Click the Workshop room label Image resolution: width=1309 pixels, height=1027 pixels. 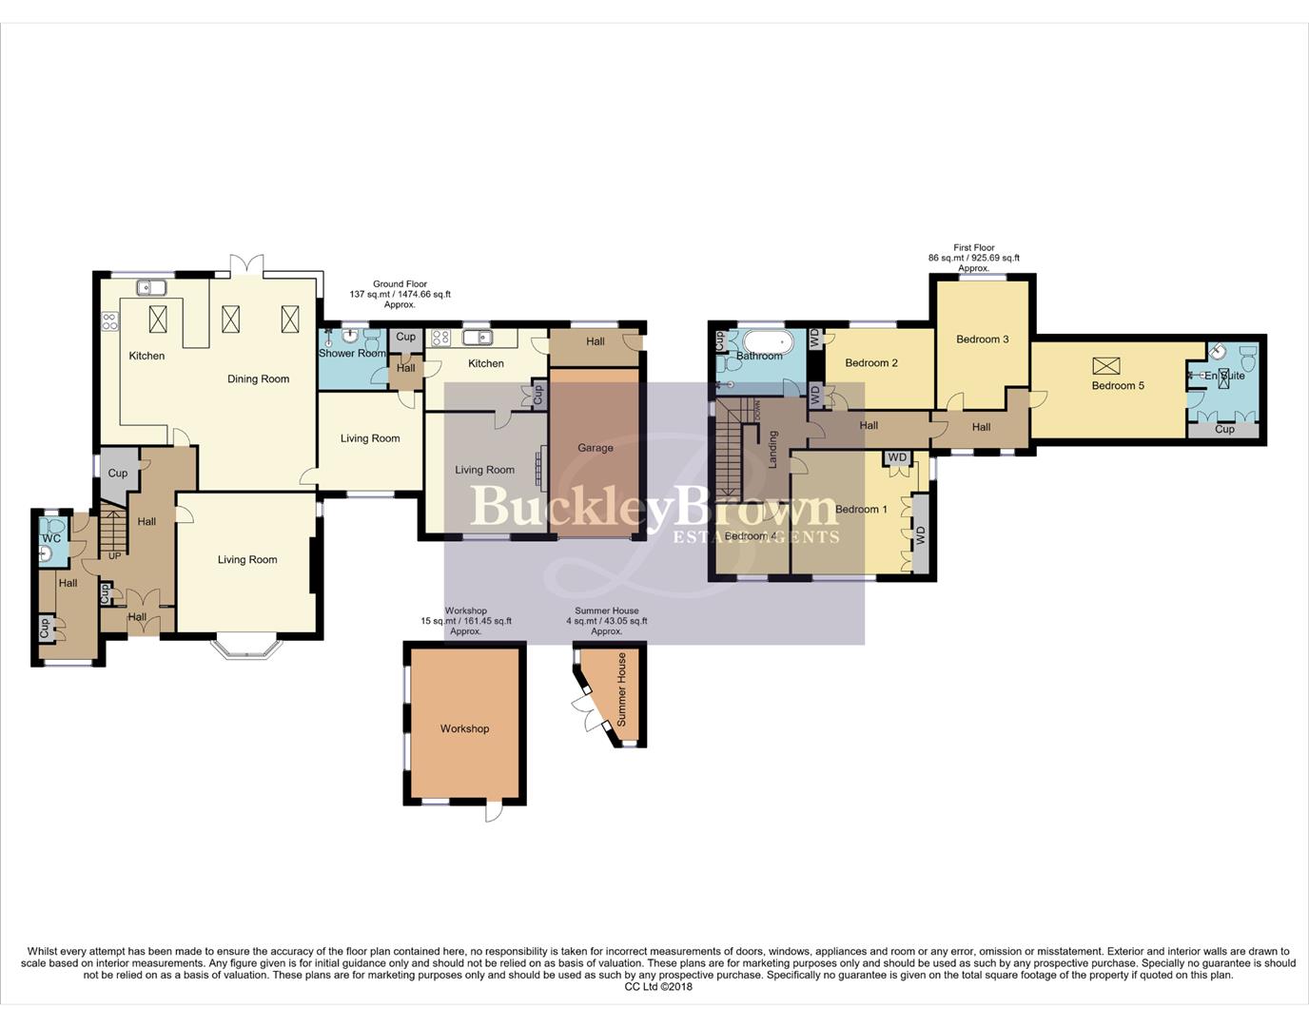[464, 728]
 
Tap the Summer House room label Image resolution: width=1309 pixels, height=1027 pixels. [622, 689]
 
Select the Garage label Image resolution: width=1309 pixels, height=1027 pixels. [596, 447]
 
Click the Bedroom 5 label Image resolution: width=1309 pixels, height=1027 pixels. [1118, 385]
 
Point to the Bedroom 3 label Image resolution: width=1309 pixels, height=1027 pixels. [983, 339]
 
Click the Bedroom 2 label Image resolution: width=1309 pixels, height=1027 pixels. [871, 362]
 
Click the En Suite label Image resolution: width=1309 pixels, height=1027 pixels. [1224, 376]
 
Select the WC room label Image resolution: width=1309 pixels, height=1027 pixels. [51, 538]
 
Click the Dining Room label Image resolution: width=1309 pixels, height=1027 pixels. [258, 378]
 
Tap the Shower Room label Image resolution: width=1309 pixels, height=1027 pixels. [352, 353]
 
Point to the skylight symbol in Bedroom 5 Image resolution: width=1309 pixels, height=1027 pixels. [1106, 365]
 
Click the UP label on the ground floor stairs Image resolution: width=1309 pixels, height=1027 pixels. [115, 555]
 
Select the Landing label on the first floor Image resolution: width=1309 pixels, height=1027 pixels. [773, 449]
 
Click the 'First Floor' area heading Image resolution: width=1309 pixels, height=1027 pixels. [974, 247]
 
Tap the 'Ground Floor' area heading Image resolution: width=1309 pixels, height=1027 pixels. [400, 283]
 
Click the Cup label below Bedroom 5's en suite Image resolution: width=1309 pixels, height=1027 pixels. [1224, 429]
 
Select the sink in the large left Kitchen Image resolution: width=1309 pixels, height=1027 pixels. [151, 287]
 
